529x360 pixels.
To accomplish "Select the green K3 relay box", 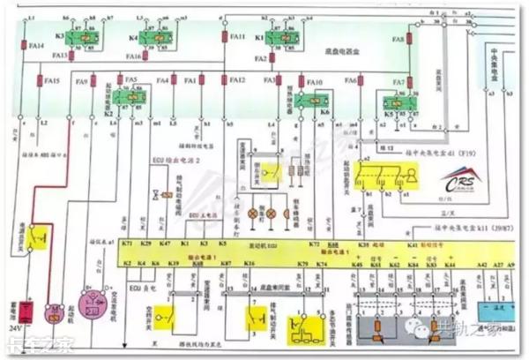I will tap(72, 37).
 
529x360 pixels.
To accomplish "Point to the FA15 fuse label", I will tap(51, 81).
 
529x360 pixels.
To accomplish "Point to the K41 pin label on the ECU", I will tap(412, 242).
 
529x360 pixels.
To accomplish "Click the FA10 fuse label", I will tap(315, 81).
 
